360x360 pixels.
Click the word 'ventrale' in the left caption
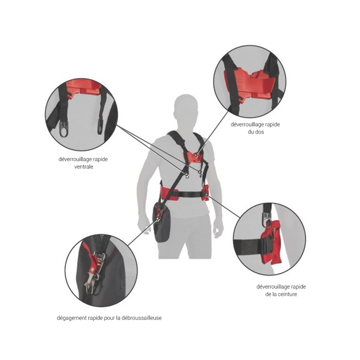coord(83,166)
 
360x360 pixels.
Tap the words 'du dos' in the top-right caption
coord(256,132)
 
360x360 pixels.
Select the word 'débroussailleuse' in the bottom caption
coord(141,318)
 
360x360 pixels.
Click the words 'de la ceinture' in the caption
coord(281,294)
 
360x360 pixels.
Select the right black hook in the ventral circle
coord(100,126)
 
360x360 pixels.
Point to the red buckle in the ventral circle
coord(83,88)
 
